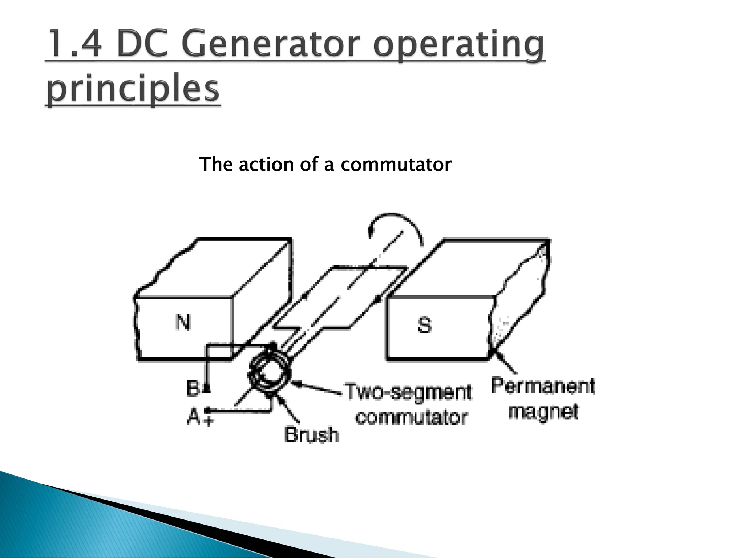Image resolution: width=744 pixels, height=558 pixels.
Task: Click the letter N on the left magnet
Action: point(183,322)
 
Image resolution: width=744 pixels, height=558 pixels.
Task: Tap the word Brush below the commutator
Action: point(311,434)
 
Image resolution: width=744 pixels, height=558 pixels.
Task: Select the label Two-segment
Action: point(408,392)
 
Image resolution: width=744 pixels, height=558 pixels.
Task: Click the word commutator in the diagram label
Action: point(411,417)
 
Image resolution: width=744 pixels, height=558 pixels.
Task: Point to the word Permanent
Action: point(543,386)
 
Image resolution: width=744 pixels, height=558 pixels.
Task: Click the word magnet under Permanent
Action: point(543,412)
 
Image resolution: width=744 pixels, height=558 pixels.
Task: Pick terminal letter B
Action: point(193,388)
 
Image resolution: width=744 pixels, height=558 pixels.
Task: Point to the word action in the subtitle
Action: point(266,164)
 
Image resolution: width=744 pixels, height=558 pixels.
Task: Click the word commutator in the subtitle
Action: point(396,164)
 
